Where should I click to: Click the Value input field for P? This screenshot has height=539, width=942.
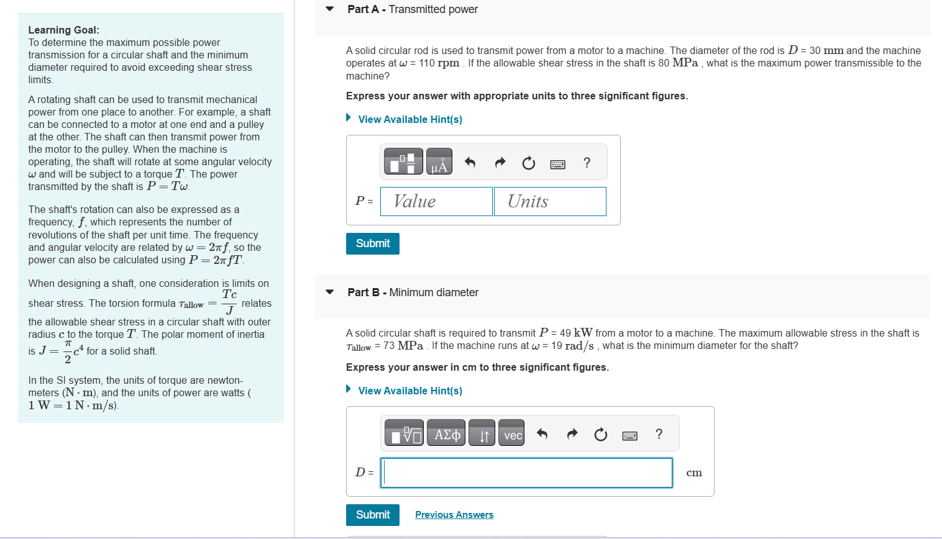436,201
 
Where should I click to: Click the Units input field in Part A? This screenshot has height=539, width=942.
550,201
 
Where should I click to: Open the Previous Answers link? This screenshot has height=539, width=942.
454,515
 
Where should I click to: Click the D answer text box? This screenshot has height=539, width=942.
526,473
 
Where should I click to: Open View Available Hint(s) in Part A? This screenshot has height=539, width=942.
410,119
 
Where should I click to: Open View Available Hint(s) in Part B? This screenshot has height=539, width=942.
410,391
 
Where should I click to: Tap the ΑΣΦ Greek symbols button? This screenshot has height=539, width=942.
447,435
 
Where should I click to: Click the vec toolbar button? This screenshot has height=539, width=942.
512,435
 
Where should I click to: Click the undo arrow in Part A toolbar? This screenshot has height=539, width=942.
470,163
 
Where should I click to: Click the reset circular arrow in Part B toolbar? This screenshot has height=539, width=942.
600,435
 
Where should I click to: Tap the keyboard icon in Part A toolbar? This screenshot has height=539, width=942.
557,164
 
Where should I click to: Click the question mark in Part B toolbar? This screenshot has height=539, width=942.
659,434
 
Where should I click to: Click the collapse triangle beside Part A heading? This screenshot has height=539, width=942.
330,9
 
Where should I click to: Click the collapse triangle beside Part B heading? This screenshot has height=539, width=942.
330,292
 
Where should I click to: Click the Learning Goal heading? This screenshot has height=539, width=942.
63,30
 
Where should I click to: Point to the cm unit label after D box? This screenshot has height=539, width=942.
694,473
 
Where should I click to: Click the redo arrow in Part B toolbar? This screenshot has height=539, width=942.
572,434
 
